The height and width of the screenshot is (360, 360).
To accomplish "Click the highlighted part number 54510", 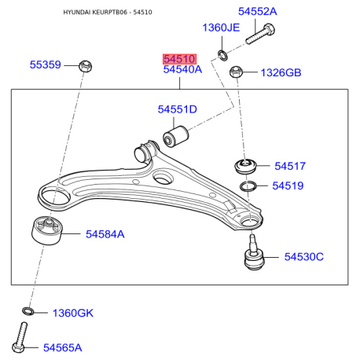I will (178, 59).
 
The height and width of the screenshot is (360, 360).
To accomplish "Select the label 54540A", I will (182, 70).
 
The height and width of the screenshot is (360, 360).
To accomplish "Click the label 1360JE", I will (221, 28).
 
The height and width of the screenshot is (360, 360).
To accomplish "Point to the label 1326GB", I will (281, 73).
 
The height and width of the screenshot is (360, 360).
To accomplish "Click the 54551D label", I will (177, 109).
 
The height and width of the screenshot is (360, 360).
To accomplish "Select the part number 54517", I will (290, 166).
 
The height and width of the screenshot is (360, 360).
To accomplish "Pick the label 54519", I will (288, 186).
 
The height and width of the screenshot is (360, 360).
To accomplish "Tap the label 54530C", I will (304, 257).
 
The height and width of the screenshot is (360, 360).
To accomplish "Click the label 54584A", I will (105, 233).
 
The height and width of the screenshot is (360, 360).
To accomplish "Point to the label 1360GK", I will (73, 313).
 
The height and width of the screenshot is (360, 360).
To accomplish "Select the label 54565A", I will (63, 347).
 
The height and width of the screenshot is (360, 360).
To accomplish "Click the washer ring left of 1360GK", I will (28, 313).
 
